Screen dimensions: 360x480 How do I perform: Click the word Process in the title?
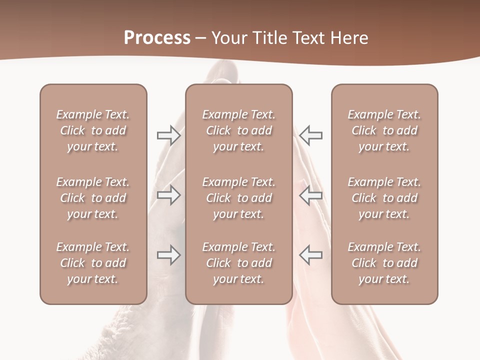157,38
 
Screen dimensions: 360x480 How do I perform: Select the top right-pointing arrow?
169,135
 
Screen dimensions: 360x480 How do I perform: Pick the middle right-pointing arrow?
169,195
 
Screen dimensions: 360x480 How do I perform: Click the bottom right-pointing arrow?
169,255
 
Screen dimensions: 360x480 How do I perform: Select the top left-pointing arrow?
311,135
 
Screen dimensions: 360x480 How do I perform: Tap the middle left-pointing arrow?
311,195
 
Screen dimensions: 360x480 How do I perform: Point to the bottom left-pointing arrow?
311,255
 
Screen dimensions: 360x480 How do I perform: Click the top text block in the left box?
93,130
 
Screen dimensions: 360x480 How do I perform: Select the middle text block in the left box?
93,198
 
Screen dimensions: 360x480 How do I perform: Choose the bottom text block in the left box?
93,263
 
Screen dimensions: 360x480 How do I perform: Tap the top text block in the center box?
238,130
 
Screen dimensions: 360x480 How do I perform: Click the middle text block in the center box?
238,198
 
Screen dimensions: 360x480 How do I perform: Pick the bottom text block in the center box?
238,263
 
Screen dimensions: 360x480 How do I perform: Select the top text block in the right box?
384,130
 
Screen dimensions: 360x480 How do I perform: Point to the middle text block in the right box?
384,198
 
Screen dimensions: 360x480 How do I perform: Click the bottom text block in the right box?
384,263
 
